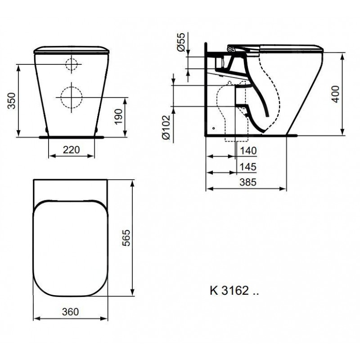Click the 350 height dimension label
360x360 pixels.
point(12,100)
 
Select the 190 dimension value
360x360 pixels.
point(118,117)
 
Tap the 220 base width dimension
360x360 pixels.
point(72,150)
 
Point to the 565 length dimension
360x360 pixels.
point(126,238)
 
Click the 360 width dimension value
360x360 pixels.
point(70,312)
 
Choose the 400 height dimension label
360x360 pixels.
point(336,94)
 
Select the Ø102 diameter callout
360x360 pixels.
point(166,127)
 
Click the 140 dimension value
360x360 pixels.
point(248,151)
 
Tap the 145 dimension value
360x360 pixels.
point(248,167)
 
